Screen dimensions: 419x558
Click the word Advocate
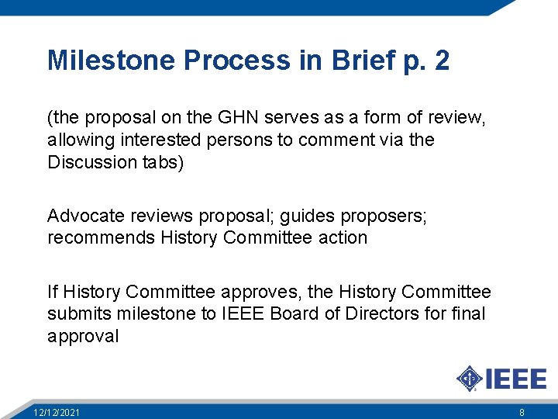pyautogui.click(x=81, y=216)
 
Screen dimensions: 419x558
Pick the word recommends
pyautogui.click(x=102, y=237)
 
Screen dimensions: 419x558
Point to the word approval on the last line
pyautogui.click(x=83, y=336)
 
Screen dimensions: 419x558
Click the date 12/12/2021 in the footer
pyautogui.click(x=56, y=412)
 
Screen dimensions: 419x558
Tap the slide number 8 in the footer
pyautogui.click(x=522, y=412)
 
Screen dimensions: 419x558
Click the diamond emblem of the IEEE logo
pyautogui.click(x=469, y=379)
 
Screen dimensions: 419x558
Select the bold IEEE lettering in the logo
pyautogui.click(x=515, y=379)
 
